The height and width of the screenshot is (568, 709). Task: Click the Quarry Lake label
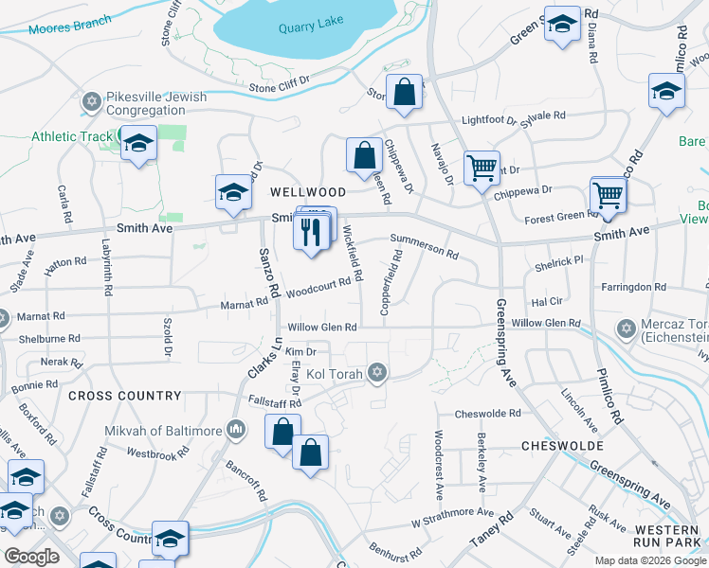click(x=308, y=27)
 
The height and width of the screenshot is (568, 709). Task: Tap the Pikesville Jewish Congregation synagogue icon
click(x=92, y=100)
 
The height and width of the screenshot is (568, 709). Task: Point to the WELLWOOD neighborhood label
click(x=301, y=191)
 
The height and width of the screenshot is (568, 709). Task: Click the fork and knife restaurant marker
click(x=310, y=230)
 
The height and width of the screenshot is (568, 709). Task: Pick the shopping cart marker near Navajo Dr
click(x=482, y=169)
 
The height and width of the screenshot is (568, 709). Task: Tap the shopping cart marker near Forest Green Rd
click(x=608, y=196)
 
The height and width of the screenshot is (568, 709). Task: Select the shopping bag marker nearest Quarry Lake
click(x=404, y=92)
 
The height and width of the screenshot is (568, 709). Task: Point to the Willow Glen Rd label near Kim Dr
click(x=322, y=328)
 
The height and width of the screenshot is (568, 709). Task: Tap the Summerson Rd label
click(x=424, y=248)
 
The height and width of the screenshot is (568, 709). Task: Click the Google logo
click(x=31, y=557)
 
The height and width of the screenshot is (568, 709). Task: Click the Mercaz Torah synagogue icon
click(x=625, y=329)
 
